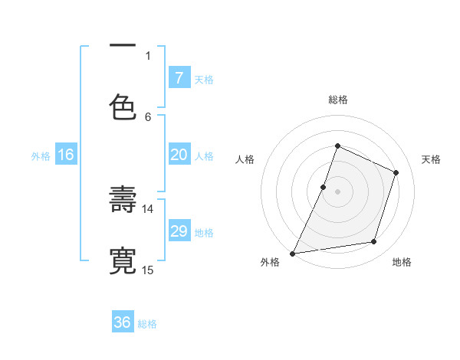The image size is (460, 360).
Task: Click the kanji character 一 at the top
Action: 123,45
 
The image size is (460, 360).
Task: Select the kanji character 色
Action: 123,105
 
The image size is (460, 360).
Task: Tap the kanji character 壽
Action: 123,200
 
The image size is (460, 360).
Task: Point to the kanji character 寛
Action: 123,260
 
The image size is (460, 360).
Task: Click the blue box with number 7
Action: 179,77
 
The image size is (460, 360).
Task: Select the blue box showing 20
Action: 179,155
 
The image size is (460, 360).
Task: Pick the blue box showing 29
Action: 179,231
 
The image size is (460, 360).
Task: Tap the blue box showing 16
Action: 65,155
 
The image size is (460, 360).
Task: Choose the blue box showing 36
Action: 123,322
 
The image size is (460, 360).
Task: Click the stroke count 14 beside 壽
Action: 147,208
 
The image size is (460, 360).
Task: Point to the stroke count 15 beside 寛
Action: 147,269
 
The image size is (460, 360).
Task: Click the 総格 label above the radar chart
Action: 337,100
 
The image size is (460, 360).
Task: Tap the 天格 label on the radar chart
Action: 431,159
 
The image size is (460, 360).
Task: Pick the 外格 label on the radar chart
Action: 270,262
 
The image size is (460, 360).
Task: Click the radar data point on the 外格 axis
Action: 292,253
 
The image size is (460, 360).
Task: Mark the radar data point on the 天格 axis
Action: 396,172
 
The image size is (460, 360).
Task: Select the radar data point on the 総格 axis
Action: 337,146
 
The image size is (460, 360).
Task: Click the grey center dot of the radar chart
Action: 337,191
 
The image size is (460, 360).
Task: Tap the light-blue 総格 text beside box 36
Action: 147,324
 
